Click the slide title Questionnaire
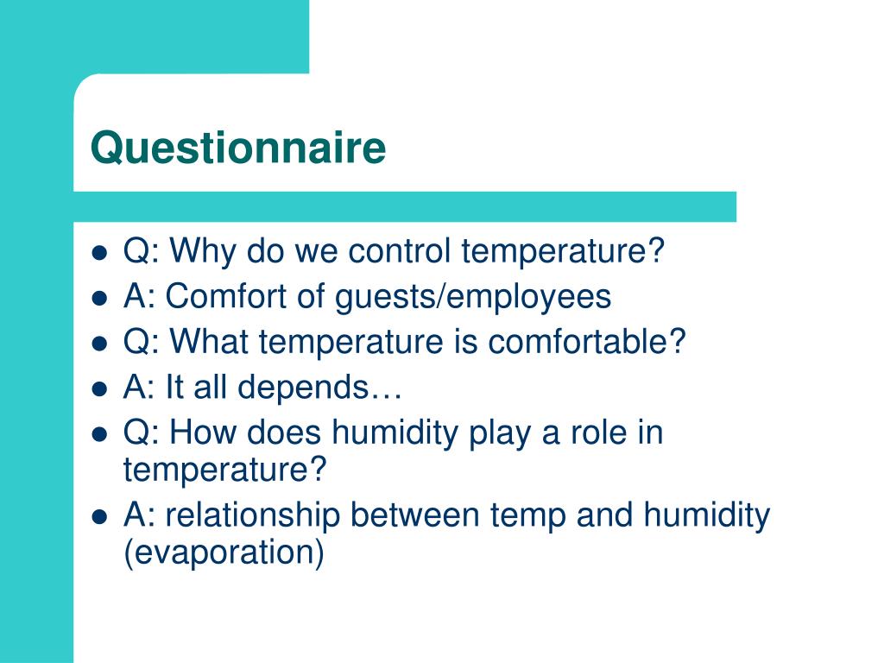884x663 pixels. click(238, 148)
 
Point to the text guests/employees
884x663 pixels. click(473, 297)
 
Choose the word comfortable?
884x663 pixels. click(586, 342)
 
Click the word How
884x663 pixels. click(204, 433)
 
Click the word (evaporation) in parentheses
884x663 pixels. click(224, 553)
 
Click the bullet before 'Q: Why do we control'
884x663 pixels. click(99, 254)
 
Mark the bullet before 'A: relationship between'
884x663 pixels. click(99, 517)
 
